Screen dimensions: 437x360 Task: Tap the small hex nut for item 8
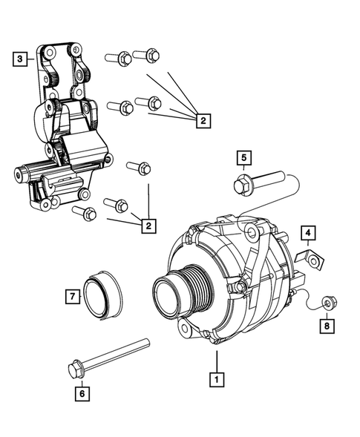327,302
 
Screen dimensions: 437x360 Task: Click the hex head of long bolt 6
75,368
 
